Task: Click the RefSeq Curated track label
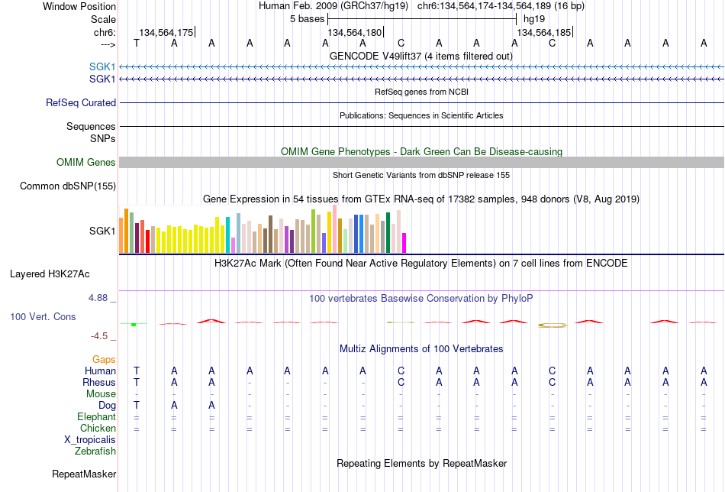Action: pos(81,102)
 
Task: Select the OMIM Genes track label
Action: pos(86,163)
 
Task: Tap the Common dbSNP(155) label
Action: pos(68,186)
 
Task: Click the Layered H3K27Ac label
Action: pos(50,274)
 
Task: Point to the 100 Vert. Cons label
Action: pos(43,316)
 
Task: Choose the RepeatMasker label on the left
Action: pos(84,474)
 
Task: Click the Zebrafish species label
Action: pos(95,452)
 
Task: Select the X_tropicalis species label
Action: pos(90,440)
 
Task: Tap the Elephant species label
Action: pos(97,417)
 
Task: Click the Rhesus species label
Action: pos(99,382)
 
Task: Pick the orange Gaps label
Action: pos(104,360)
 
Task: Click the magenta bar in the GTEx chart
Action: pos(404,243)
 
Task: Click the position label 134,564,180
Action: pos(355,32)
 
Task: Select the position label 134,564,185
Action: pos(543,32)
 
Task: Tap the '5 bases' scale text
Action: pos(308,19)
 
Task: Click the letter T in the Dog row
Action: pos(137,406)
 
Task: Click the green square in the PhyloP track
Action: pos(134,325)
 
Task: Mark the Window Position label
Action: pos(79,6)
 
